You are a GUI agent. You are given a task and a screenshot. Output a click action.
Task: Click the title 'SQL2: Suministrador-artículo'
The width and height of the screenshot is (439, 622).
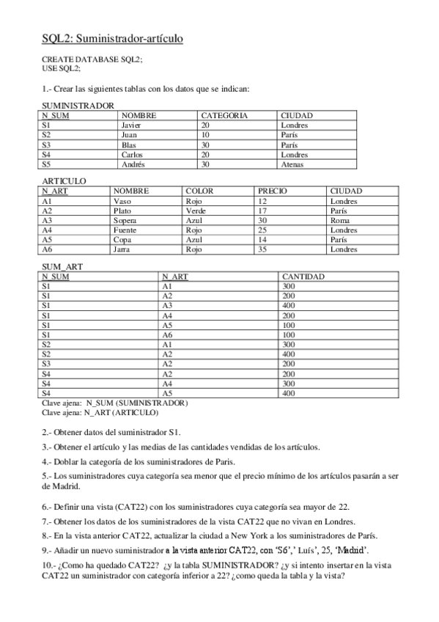[x=112, y=37]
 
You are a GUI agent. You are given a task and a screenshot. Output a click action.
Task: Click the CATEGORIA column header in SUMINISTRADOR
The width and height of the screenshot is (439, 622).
[x=224, y=116]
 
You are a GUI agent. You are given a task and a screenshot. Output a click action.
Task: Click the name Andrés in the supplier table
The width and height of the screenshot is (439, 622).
[x=133, y=164]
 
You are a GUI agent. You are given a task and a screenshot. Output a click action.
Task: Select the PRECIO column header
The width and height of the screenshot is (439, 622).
[x=273, y=191]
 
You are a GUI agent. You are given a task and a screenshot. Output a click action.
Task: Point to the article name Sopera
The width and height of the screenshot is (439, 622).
[x=125, y=220]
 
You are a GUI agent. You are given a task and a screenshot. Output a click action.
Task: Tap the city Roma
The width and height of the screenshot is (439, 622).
[x=339, y=220]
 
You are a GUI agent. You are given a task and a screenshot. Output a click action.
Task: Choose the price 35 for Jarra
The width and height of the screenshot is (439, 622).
[x=262, y=249]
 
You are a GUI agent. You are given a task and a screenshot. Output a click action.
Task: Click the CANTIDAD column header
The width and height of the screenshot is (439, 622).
[x=304, y=277]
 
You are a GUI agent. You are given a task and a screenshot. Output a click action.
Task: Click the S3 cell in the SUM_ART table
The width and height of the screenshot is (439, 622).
[x=46, y=364]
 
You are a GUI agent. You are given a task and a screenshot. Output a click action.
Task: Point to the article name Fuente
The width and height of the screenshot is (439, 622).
[x=126, y=230]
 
